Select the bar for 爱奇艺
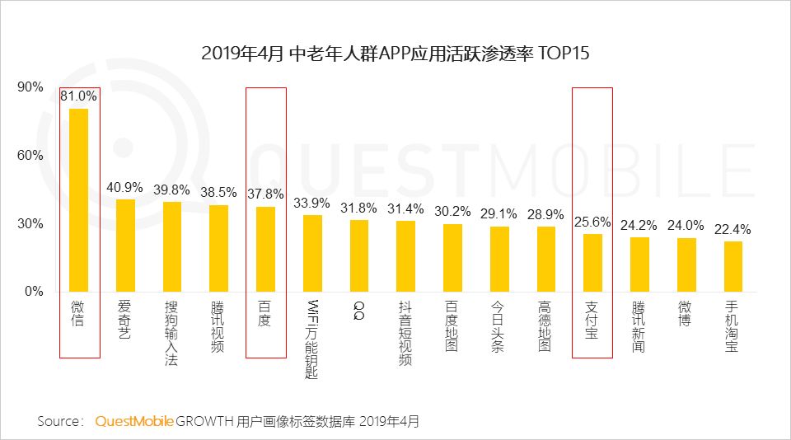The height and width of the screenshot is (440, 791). point(125,246)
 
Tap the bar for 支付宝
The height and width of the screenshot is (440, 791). point(592,263)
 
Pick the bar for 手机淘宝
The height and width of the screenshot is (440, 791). point(732,266)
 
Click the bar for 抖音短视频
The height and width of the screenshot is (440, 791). point(405,256)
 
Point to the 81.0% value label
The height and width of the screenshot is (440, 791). point(79,96)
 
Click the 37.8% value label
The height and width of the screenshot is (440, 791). point(265,194)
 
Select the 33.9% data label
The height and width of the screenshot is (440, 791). point(312,203)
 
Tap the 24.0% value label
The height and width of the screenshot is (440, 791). point(686,226)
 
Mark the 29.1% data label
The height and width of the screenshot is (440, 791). point(499,213)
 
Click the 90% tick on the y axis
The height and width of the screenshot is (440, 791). point(30,87)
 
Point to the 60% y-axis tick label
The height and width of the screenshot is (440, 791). point(30,156)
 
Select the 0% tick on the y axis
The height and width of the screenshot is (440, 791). point(33,292)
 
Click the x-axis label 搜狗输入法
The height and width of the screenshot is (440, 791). point(171,331)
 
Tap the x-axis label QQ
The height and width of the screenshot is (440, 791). point(358,311)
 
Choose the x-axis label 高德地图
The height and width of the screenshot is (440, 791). point(545,326)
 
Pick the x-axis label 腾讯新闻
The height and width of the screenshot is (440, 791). point(639,326)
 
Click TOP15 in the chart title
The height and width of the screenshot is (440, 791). point(564,54)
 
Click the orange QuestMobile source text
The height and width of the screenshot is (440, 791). point(134,421)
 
